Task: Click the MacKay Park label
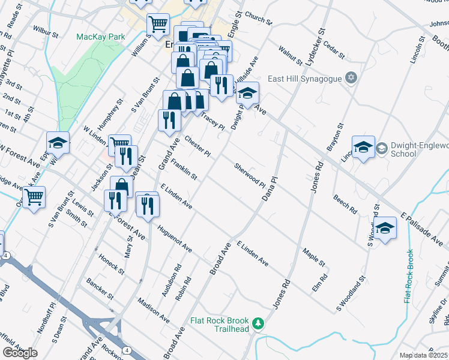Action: [x=101, y=37]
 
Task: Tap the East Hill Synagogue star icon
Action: [x=352, y=79]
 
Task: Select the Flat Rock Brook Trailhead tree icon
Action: [x=258, y=323]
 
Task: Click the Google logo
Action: [x=20, y=353]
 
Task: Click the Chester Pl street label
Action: [x=197, y=146]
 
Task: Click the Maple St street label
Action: [x=314, y=257]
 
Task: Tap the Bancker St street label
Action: [x=100, y=288]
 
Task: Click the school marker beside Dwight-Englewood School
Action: [x=364, y=147]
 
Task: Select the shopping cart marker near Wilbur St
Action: [x=158, y=25]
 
